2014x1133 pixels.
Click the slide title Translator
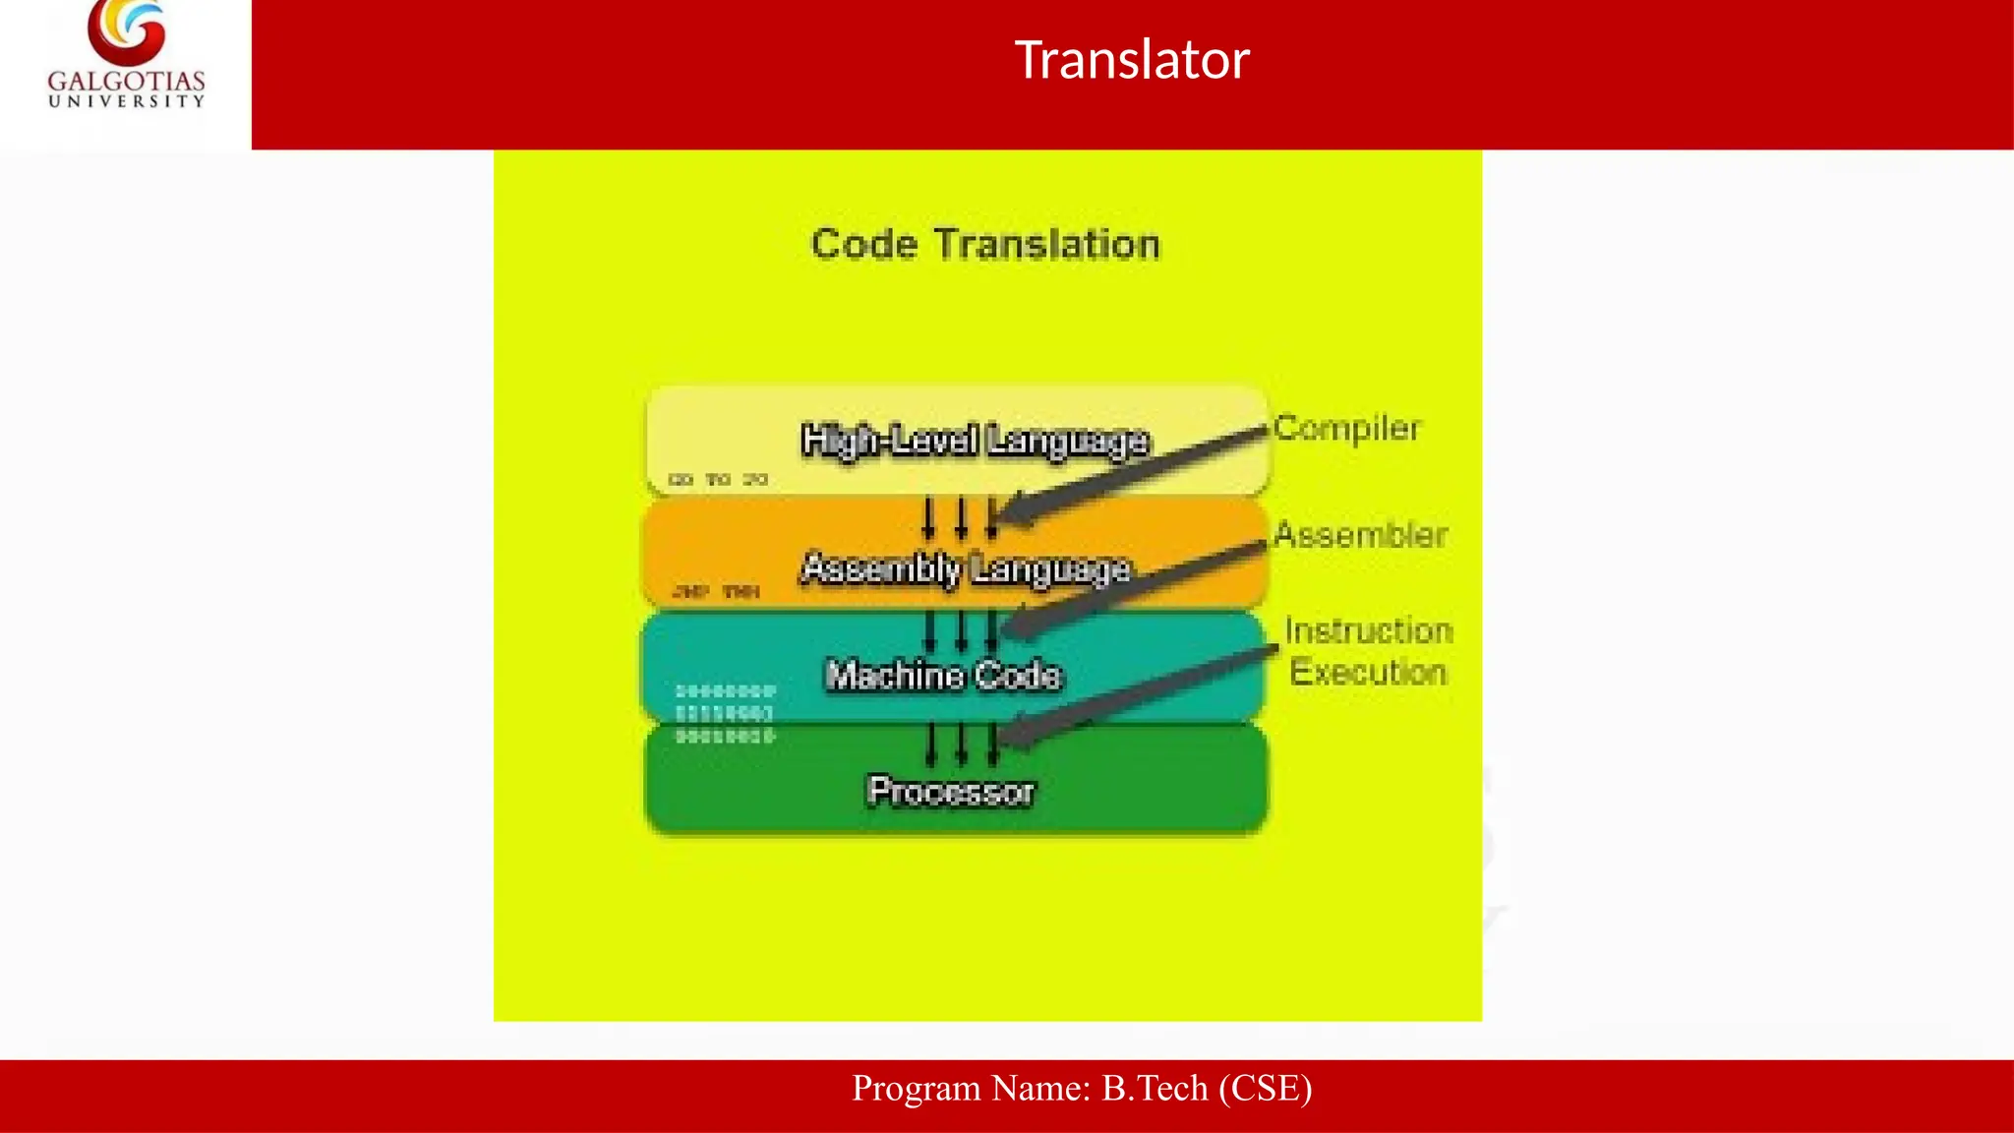1131,60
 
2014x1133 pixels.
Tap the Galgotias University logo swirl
127,31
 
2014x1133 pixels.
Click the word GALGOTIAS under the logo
127,81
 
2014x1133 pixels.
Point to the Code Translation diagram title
985,244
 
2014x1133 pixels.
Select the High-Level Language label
975,440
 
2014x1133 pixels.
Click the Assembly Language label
966,568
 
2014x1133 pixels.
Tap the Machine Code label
943,675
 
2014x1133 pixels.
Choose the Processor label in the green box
951,791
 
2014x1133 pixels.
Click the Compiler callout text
1346,428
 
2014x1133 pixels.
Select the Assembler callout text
1360,535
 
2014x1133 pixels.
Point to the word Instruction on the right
1368,630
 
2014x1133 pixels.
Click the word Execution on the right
1368,673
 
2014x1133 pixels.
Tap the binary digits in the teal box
725,713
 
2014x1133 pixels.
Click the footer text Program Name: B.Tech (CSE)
1082,1089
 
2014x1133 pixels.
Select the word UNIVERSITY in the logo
127,101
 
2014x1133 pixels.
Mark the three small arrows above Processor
961,744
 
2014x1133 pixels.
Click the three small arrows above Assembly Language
960,517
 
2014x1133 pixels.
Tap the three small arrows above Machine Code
961,630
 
